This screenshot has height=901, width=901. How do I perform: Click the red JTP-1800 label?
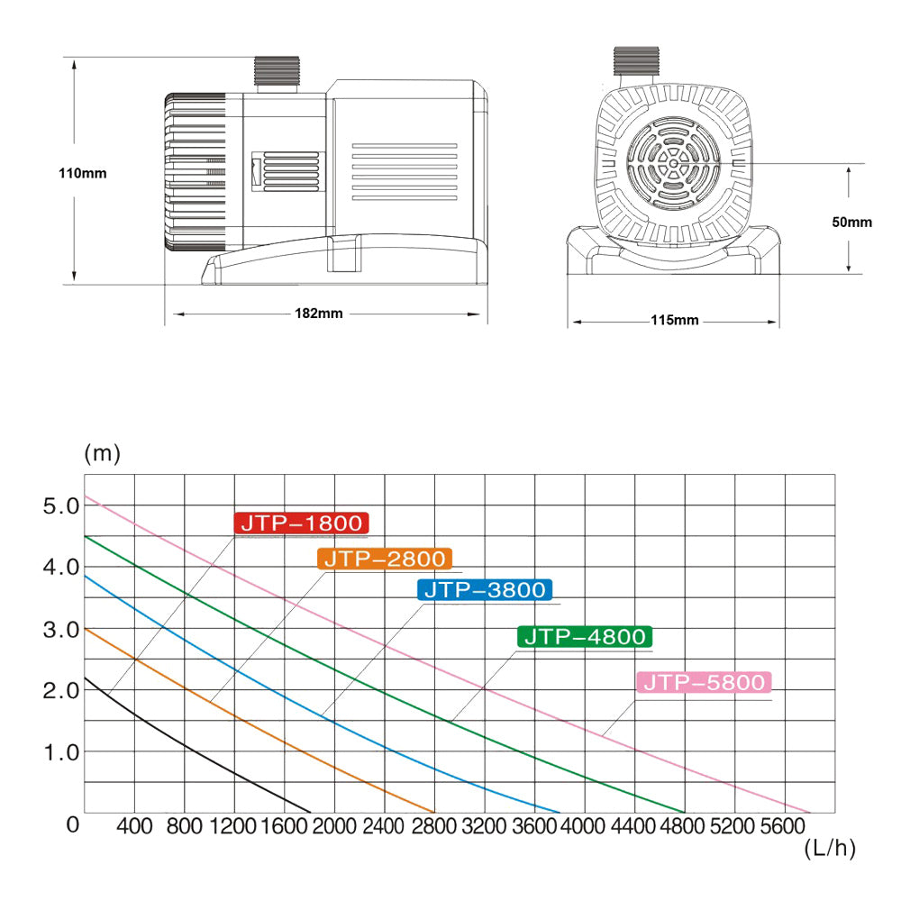pyautogui.click(x=301, y=523)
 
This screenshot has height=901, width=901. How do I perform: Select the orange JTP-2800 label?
pyautogui.click(x=385, y=559)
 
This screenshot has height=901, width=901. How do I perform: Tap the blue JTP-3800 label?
pyautogui.click(x=485, y=589)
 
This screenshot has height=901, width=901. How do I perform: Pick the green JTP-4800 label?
pyautogui.click(x=585, y=637)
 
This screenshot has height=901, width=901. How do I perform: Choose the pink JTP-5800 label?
pyautogui.click(x=704, y=683)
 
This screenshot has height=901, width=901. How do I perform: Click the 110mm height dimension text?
pyautogui.click(x=83, y=173)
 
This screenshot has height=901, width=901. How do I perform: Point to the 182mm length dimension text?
pyautogui.click(x=318, y=314)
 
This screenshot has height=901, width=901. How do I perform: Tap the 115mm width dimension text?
pyautogui.click(x=675, y=320)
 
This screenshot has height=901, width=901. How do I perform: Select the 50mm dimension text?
pyautogui.click(x=851, y=223)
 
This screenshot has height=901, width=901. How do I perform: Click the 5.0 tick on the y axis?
pyautogui.click(x=61, y=506)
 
